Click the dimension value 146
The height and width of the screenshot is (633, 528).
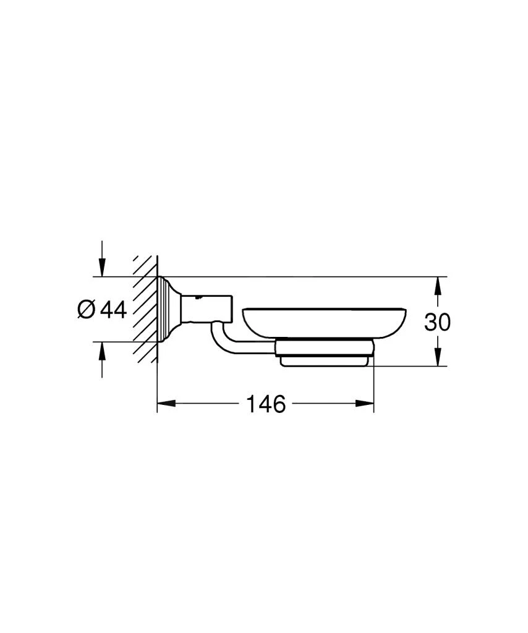click(266, 404)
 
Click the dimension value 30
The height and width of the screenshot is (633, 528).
click(437, 322)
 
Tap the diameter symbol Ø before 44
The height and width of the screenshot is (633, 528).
click(87, 309)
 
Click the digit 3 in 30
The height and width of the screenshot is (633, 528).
click(430, 322)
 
